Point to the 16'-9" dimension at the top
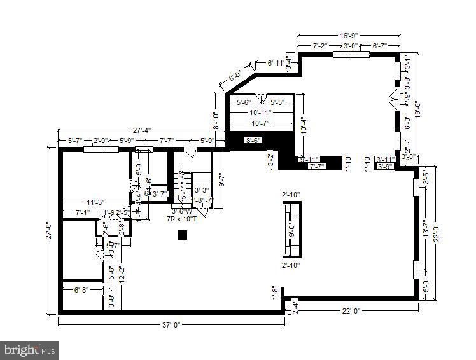[x=349, y=36]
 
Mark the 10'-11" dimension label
[x=261, y=113]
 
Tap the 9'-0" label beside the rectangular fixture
[x=291, y=229]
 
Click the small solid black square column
[x=183, y=235]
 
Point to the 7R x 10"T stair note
[x=181, y=218]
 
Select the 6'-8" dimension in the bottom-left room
[x=81, y=290]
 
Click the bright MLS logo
[x=29, y=349]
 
